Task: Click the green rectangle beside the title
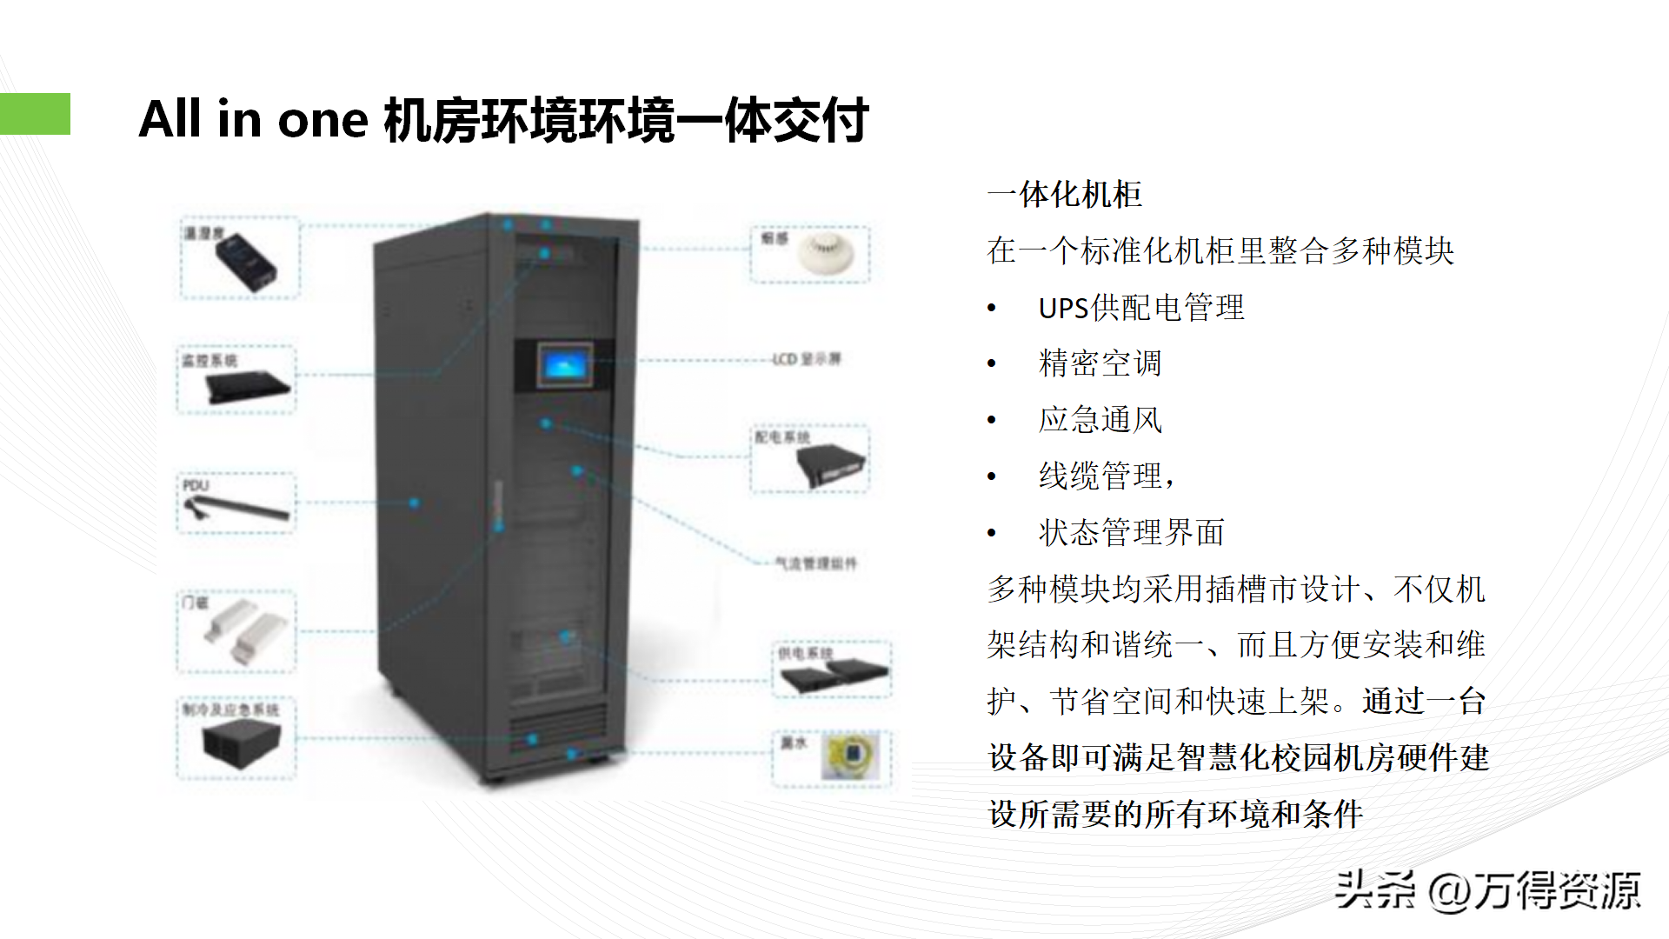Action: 35,114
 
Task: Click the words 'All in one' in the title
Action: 253,119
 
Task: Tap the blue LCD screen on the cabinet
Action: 564,365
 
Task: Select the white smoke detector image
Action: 825,254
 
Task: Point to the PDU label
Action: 196,485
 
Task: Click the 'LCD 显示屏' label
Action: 807,359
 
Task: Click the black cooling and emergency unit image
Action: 241,745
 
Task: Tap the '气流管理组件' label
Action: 815,563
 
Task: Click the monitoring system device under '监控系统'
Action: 247,386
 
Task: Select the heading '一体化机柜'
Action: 1064,195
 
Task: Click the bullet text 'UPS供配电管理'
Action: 1140,308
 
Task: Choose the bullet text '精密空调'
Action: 1100,363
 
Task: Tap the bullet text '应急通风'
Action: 1100,420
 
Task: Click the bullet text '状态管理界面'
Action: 1131,532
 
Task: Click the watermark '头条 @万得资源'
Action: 1487,890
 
